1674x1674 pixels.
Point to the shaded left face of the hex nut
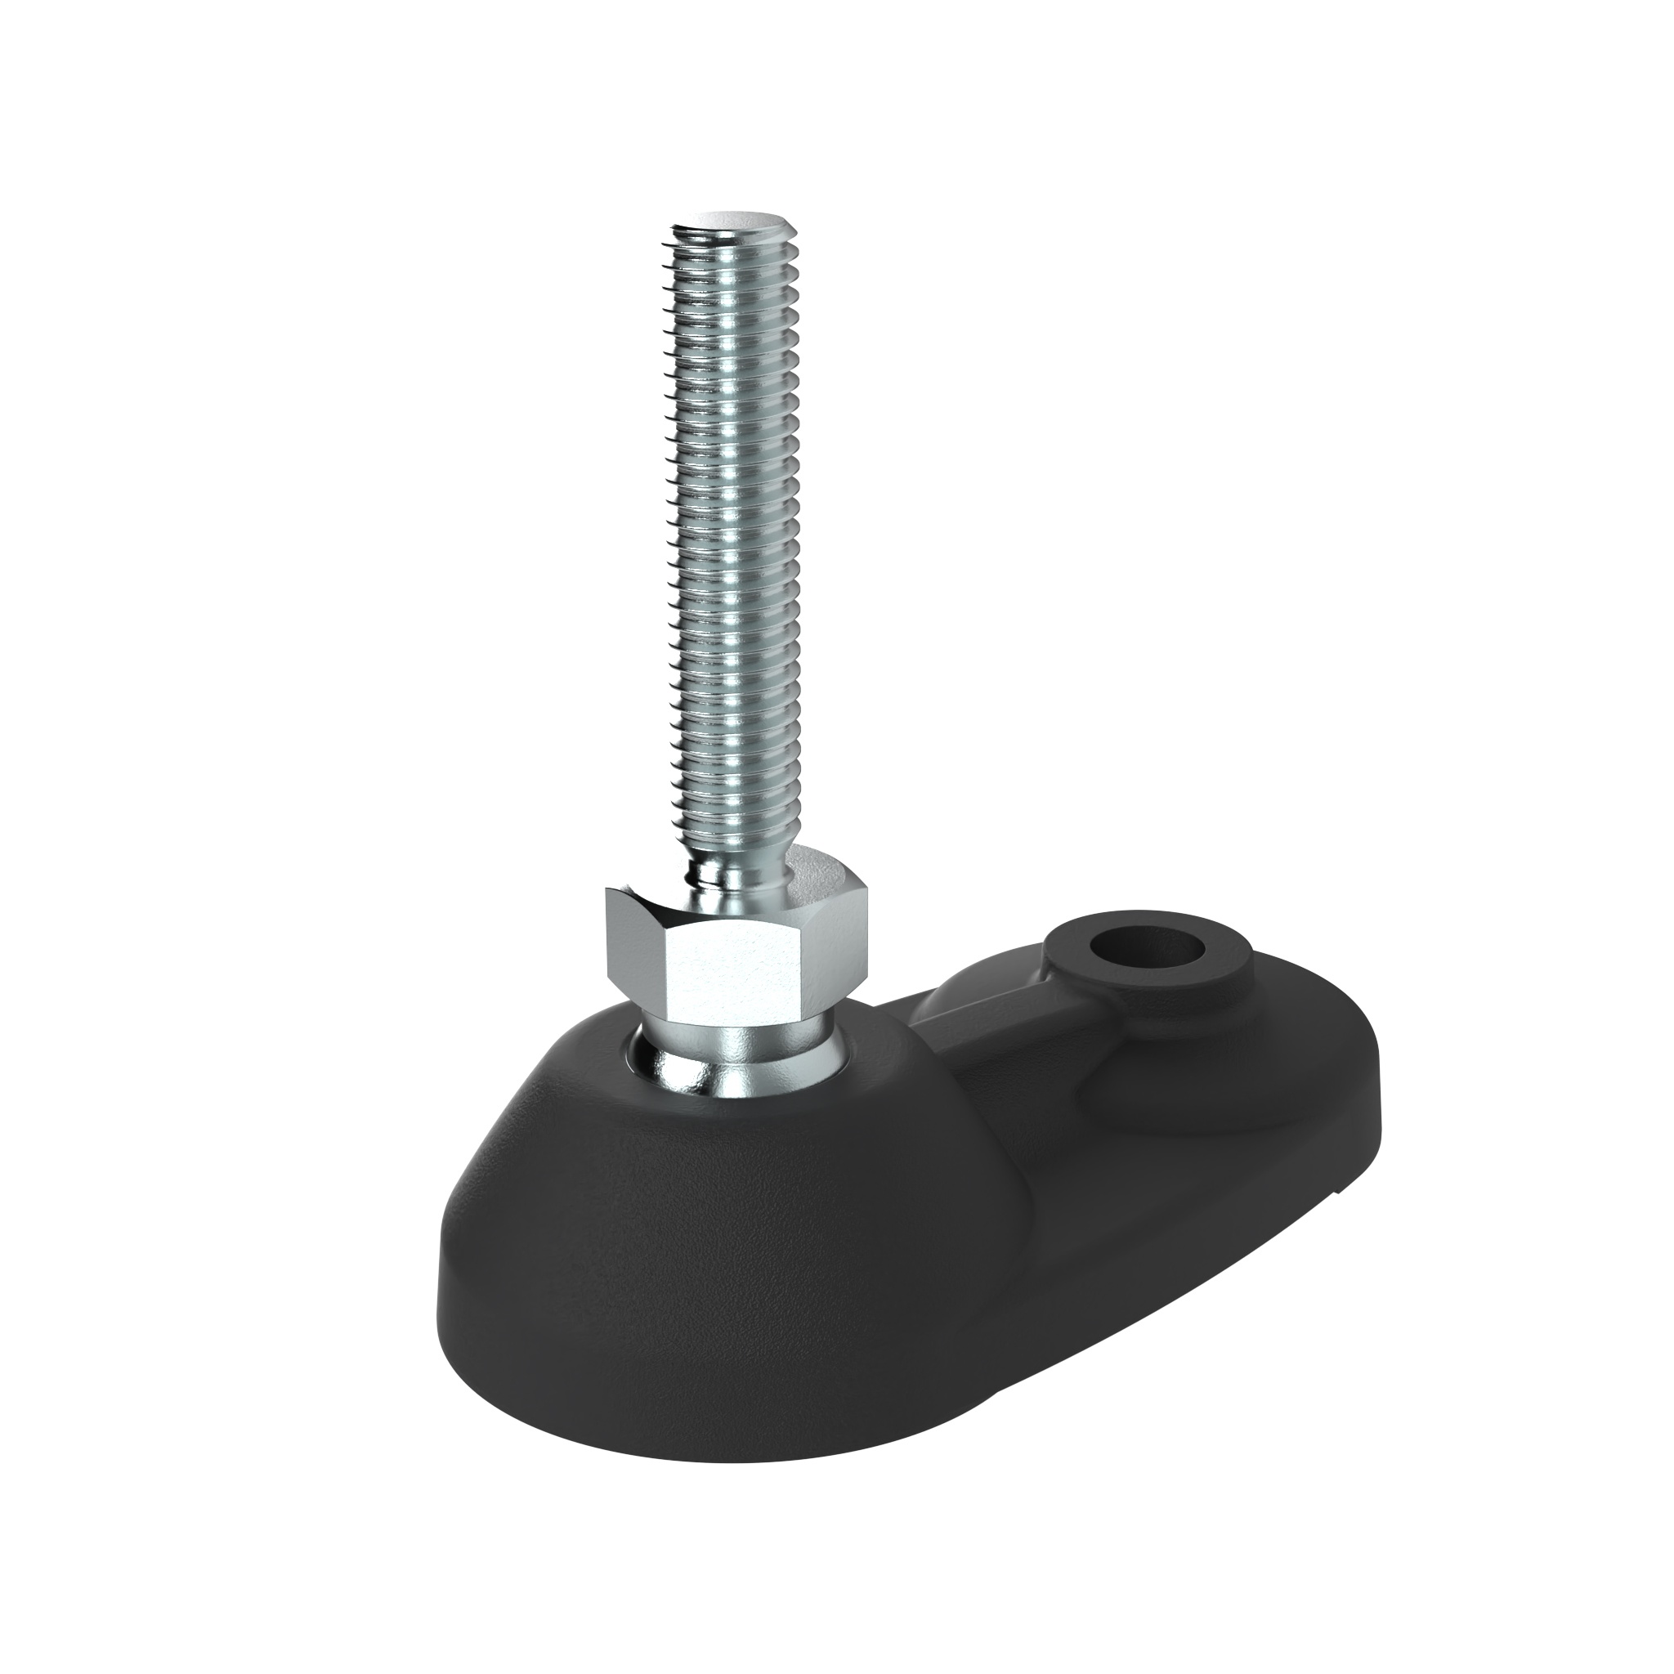633,953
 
